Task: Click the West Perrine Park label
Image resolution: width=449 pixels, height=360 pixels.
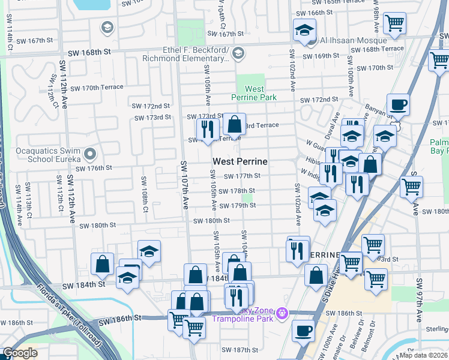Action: coord(255,93)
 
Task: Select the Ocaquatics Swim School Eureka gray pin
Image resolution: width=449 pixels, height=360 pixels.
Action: coord(90,155)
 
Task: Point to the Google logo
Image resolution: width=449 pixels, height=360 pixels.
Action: coord(20,353)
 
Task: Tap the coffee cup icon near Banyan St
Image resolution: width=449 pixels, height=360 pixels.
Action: coord(398,106)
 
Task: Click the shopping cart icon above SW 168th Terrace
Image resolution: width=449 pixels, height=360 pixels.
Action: coord(394,24)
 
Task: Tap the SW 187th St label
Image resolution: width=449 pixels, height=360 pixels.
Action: coord(240,350)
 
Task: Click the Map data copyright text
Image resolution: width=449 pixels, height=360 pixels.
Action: coord(424,355)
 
